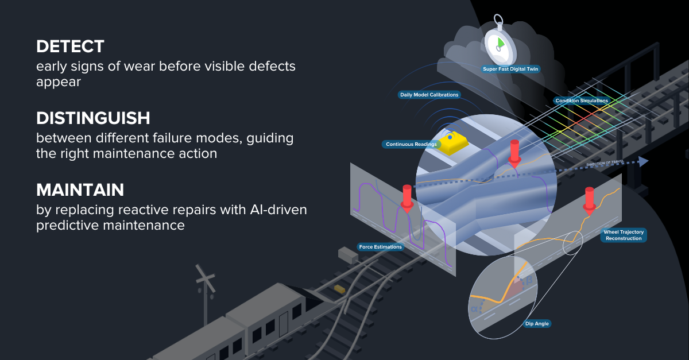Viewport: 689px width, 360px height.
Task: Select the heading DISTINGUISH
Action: tap(93, 118)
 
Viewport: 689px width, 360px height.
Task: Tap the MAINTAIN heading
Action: tap(80, 189)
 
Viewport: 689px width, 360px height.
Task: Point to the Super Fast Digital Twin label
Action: tap(511, 69)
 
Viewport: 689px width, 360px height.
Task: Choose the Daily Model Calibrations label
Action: tap(429, 94)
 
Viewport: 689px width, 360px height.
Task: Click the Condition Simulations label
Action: tap(581, 101)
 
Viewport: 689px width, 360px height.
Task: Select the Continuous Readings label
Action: tap(411, 144)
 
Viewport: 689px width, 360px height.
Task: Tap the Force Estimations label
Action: tap(380, 247)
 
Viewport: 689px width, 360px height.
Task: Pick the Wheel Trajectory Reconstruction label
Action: tap(624, 235)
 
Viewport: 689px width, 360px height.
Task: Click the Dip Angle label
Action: tap(537, 324)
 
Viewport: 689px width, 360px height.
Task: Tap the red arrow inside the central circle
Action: tap(514, 152)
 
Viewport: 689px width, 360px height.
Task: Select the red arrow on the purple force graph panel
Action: tap(407, 198)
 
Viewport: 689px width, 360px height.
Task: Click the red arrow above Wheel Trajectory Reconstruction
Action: tap(589, 200)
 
